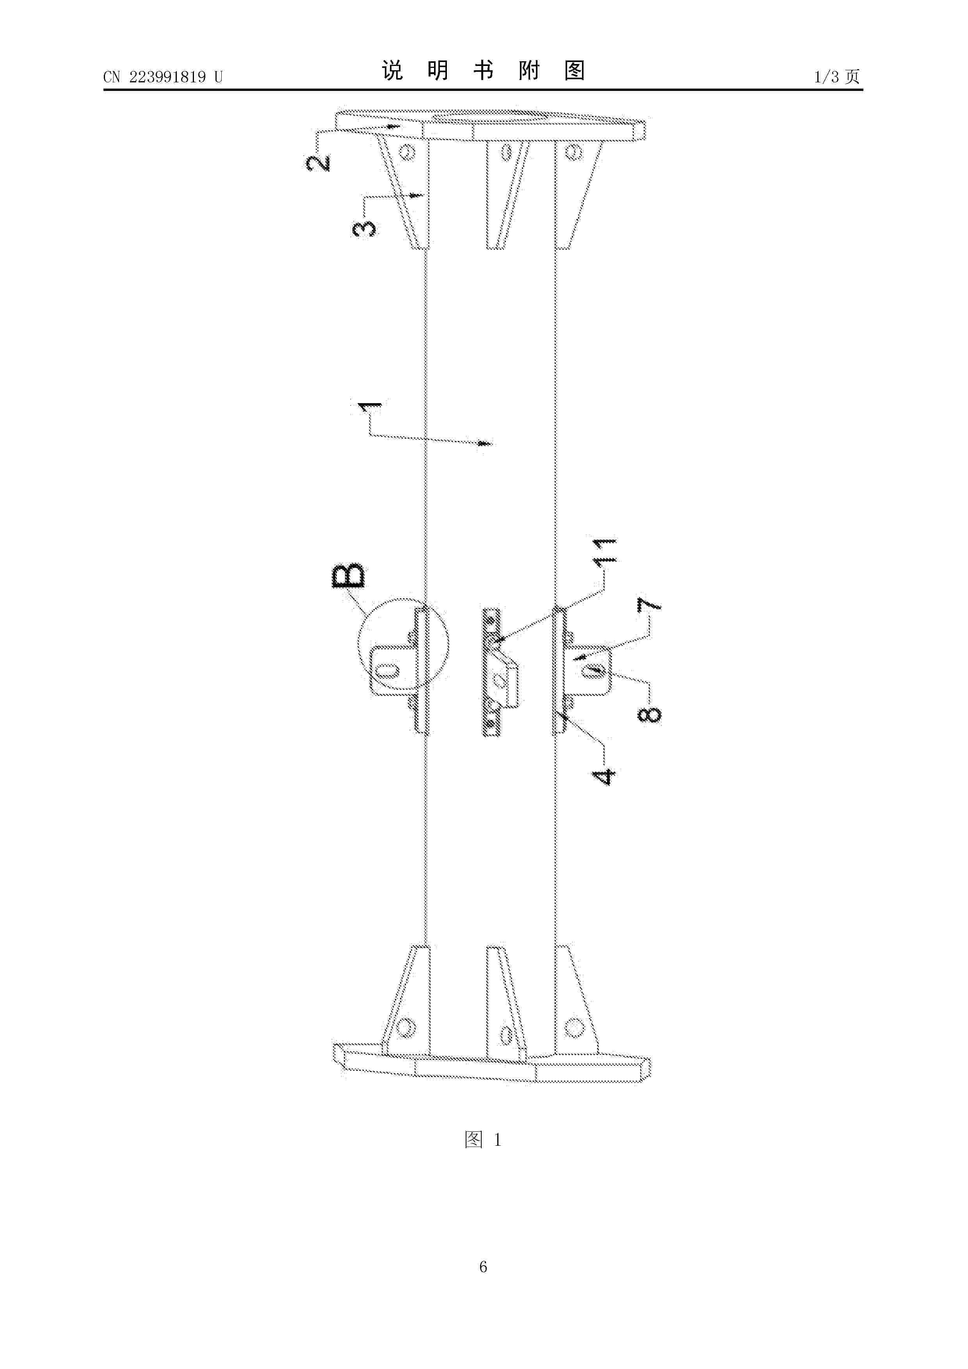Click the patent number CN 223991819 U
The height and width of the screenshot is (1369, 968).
click(162, 77)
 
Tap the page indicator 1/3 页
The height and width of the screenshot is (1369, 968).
click(837, 76)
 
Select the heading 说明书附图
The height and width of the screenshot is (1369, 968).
click(483, 71)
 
